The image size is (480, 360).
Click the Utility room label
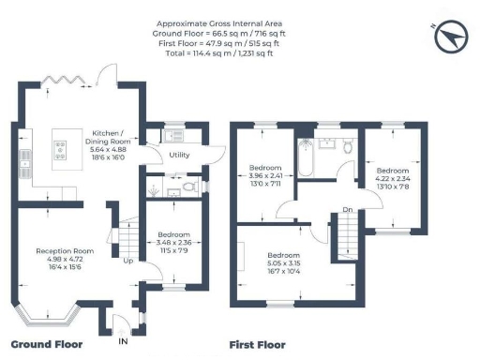click(x=180, y=157)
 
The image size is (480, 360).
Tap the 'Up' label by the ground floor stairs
click(x=128, y=261)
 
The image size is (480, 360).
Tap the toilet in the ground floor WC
click(x=188, y=187)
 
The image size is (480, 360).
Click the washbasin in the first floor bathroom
click(x=327, y=144)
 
